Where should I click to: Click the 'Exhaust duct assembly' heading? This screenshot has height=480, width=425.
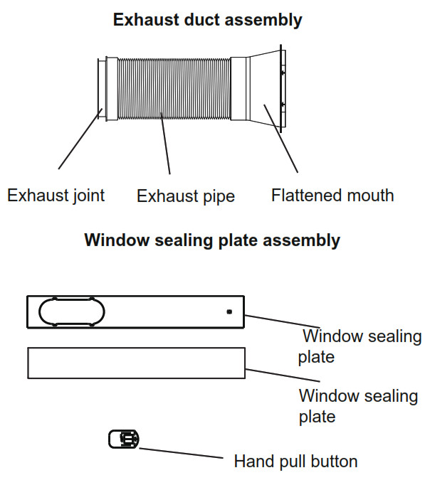coord(208,20)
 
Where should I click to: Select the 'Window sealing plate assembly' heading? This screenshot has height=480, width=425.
coord(212,240)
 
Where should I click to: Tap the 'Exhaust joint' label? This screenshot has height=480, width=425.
coord(56,196)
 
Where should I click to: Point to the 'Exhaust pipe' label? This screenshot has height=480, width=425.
coord(186,196)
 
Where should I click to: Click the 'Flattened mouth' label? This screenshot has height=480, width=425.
coord(332,196)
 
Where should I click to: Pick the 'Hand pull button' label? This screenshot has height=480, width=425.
coord(295,462)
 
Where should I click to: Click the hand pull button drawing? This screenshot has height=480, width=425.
coord(124,439)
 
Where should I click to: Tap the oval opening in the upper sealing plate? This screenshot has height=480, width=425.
coord(72,311)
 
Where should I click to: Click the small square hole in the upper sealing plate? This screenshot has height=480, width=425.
coord(229,311)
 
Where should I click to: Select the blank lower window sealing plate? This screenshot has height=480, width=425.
coord(137,363)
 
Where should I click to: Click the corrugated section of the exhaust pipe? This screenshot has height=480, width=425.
coord(174,89)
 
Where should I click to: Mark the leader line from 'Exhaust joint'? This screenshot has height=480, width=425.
coord(80,139)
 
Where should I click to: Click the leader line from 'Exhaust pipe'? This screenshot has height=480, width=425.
coord(165,143)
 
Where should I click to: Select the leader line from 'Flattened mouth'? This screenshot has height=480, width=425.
coord(280,139)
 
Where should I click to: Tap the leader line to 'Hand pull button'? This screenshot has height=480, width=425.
coord(181,453)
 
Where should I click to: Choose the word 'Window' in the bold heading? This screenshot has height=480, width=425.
coord(117,240)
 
